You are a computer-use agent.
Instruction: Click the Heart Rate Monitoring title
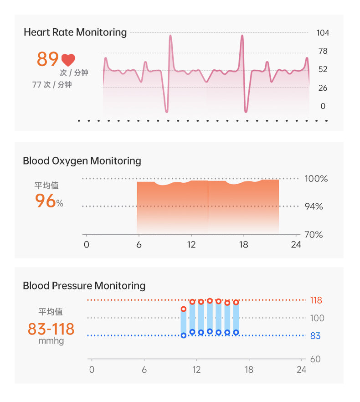75,32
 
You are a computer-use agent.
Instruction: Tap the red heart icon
68,60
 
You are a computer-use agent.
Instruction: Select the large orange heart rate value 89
47,59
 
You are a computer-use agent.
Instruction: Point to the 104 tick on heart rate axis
323,33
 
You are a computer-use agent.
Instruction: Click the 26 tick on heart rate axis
323,88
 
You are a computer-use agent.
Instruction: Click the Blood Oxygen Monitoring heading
82,161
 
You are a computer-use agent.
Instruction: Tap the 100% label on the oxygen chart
316,179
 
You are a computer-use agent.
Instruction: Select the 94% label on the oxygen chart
314,207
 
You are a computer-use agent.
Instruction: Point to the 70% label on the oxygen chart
314,235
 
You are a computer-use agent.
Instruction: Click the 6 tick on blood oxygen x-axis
139,245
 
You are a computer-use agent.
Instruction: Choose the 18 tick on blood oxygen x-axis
244,245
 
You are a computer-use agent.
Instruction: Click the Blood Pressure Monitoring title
84,286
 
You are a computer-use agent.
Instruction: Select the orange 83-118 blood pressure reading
51,329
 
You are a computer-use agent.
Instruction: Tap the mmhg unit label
51,341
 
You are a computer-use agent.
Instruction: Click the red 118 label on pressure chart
316,300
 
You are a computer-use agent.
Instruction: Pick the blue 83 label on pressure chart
315,336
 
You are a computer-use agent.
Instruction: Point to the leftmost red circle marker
184,309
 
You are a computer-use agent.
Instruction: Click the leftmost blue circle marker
184,335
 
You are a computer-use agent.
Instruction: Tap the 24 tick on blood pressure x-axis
302,370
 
